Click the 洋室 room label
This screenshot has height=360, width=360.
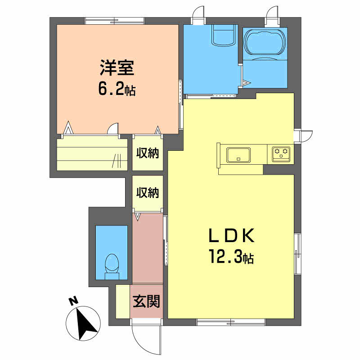point(117,68)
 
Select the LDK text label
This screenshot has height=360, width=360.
point(231,235)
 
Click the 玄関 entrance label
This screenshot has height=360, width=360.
point(146,301)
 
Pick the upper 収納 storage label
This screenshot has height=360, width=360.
point(148,153)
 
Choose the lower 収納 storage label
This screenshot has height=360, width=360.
point(148,193)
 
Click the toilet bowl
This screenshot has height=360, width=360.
point(112,266)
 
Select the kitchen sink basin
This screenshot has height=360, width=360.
point(238,155)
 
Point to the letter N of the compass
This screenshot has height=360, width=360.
point(73,301)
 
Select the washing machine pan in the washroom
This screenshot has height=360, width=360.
point(224,35)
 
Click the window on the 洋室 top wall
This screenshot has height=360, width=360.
point(115,21)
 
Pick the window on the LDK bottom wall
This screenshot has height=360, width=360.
point(231,322)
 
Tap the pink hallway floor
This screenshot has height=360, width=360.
point(148,248)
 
